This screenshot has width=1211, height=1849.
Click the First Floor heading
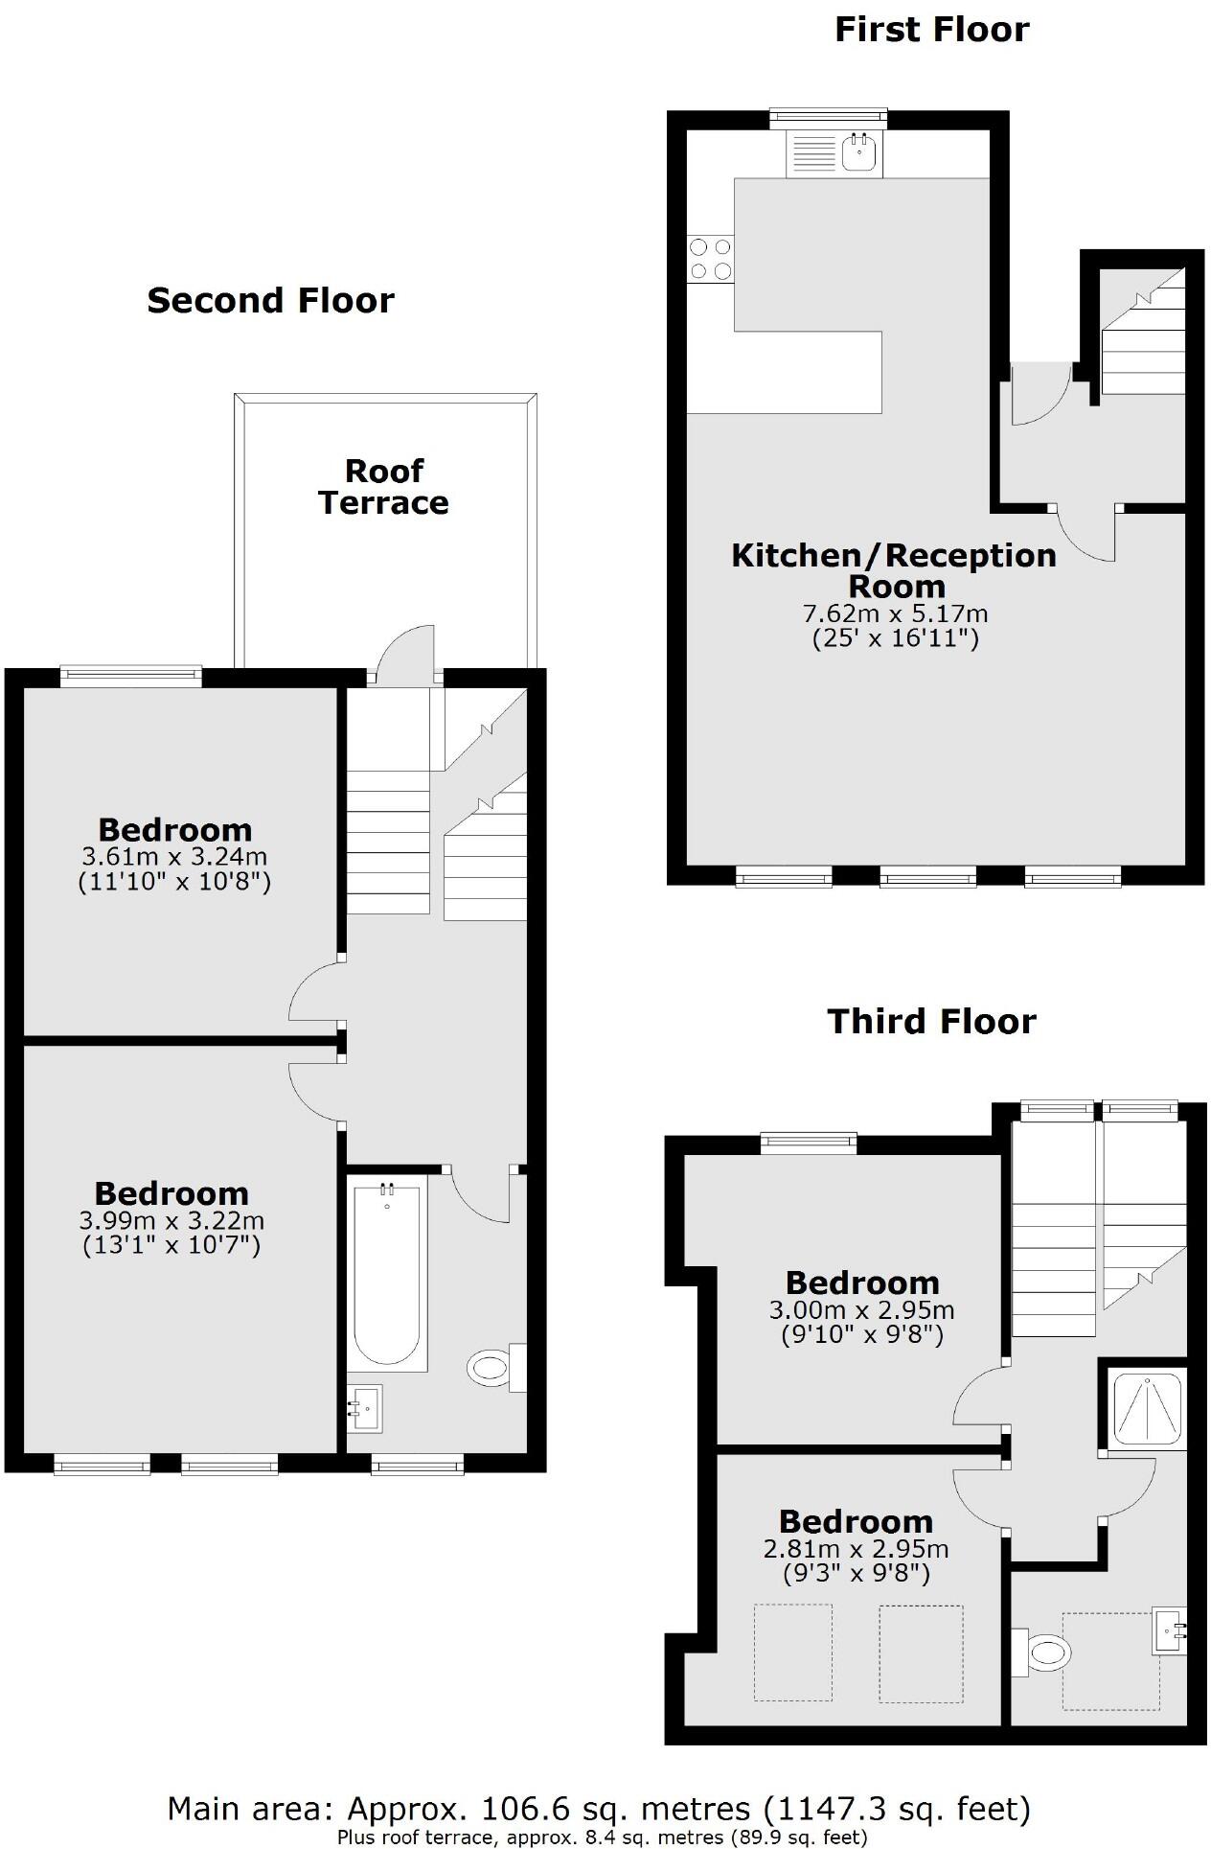point(931,30)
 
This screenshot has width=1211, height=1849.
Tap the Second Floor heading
point(270,301)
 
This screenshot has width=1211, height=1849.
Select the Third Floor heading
point(931,1022)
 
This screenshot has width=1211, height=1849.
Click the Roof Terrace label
point(383,487)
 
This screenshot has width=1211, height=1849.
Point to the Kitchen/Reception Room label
point(894,570)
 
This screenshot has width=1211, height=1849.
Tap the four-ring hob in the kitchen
point(710,259)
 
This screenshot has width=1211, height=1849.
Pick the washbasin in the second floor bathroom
point(363,1407)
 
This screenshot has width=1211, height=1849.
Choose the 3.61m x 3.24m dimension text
point(173,856)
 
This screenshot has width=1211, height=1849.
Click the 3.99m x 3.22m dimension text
point(171,1220)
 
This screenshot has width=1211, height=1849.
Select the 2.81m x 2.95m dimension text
point(856,1549)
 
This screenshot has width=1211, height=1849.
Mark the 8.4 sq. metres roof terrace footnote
point(602,1837)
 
